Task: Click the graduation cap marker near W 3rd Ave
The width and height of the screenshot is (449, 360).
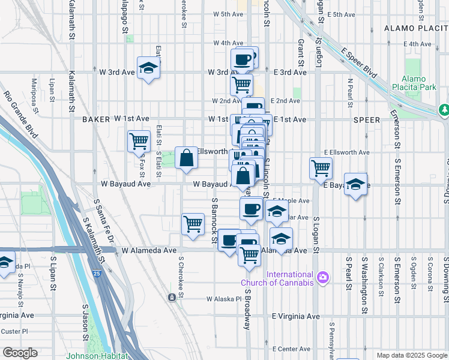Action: (148, 68)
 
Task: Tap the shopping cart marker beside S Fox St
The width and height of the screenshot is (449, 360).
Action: (139, 142)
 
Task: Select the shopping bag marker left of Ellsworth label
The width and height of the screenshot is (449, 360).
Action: (187, 158)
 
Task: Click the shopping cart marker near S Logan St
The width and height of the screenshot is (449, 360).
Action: (321, 168)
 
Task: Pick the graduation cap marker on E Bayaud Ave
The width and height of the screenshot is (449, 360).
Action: (356, 184)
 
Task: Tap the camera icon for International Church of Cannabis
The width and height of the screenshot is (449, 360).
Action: (324, 277)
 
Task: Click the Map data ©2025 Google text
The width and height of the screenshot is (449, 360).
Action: (412, 355)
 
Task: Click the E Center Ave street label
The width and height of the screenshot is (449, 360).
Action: (291, 349)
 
